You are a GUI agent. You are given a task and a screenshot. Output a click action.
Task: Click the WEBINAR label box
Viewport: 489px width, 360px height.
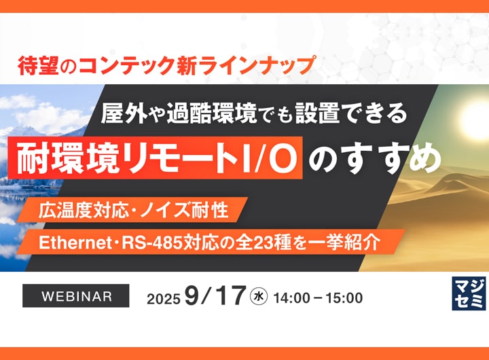click(76, 295)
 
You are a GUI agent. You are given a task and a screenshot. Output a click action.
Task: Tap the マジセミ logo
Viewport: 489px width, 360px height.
click(469, 294)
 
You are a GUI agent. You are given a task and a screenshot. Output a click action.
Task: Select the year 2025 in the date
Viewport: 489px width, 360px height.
click(164, 299)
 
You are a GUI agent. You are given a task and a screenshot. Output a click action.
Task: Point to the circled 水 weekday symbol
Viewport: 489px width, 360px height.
click(259, 296)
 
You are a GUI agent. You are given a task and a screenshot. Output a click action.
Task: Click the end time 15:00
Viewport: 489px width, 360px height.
click(344, 298)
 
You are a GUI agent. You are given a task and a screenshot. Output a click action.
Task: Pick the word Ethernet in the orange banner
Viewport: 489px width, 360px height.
click(73, 242)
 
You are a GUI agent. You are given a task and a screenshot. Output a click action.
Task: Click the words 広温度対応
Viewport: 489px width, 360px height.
click(84, 211)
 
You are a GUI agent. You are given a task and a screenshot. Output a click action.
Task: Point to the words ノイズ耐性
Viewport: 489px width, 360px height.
click(185, 211)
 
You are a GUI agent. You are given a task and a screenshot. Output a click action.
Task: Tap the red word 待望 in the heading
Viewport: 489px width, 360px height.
click(38, 66)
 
